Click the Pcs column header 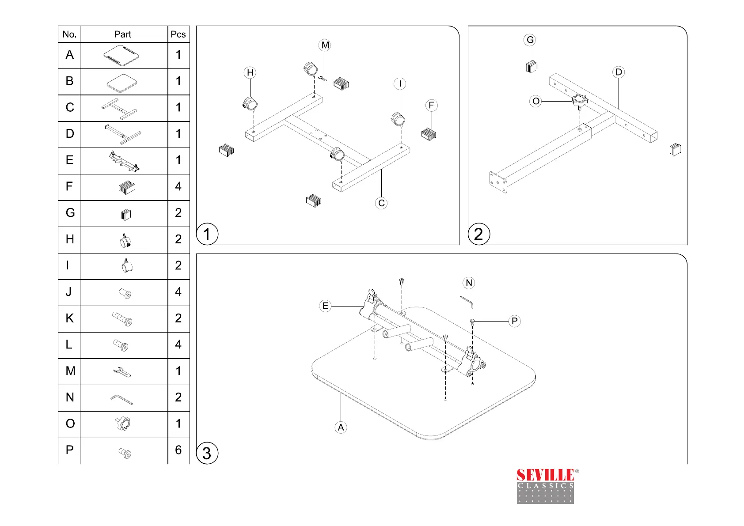178,34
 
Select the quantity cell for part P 178,450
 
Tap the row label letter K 69,318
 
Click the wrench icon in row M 122,372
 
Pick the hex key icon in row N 121,399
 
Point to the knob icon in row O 123,424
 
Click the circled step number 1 207,234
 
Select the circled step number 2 478,234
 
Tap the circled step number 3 207,453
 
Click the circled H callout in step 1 250,72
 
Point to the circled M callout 325,45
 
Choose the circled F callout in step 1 432,106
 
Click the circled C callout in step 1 381,203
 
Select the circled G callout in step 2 530,40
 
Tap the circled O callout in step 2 536,101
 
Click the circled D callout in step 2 619,72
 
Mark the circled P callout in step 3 515,321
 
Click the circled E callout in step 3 325,306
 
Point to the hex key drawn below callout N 467,302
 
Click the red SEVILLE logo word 545,475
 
